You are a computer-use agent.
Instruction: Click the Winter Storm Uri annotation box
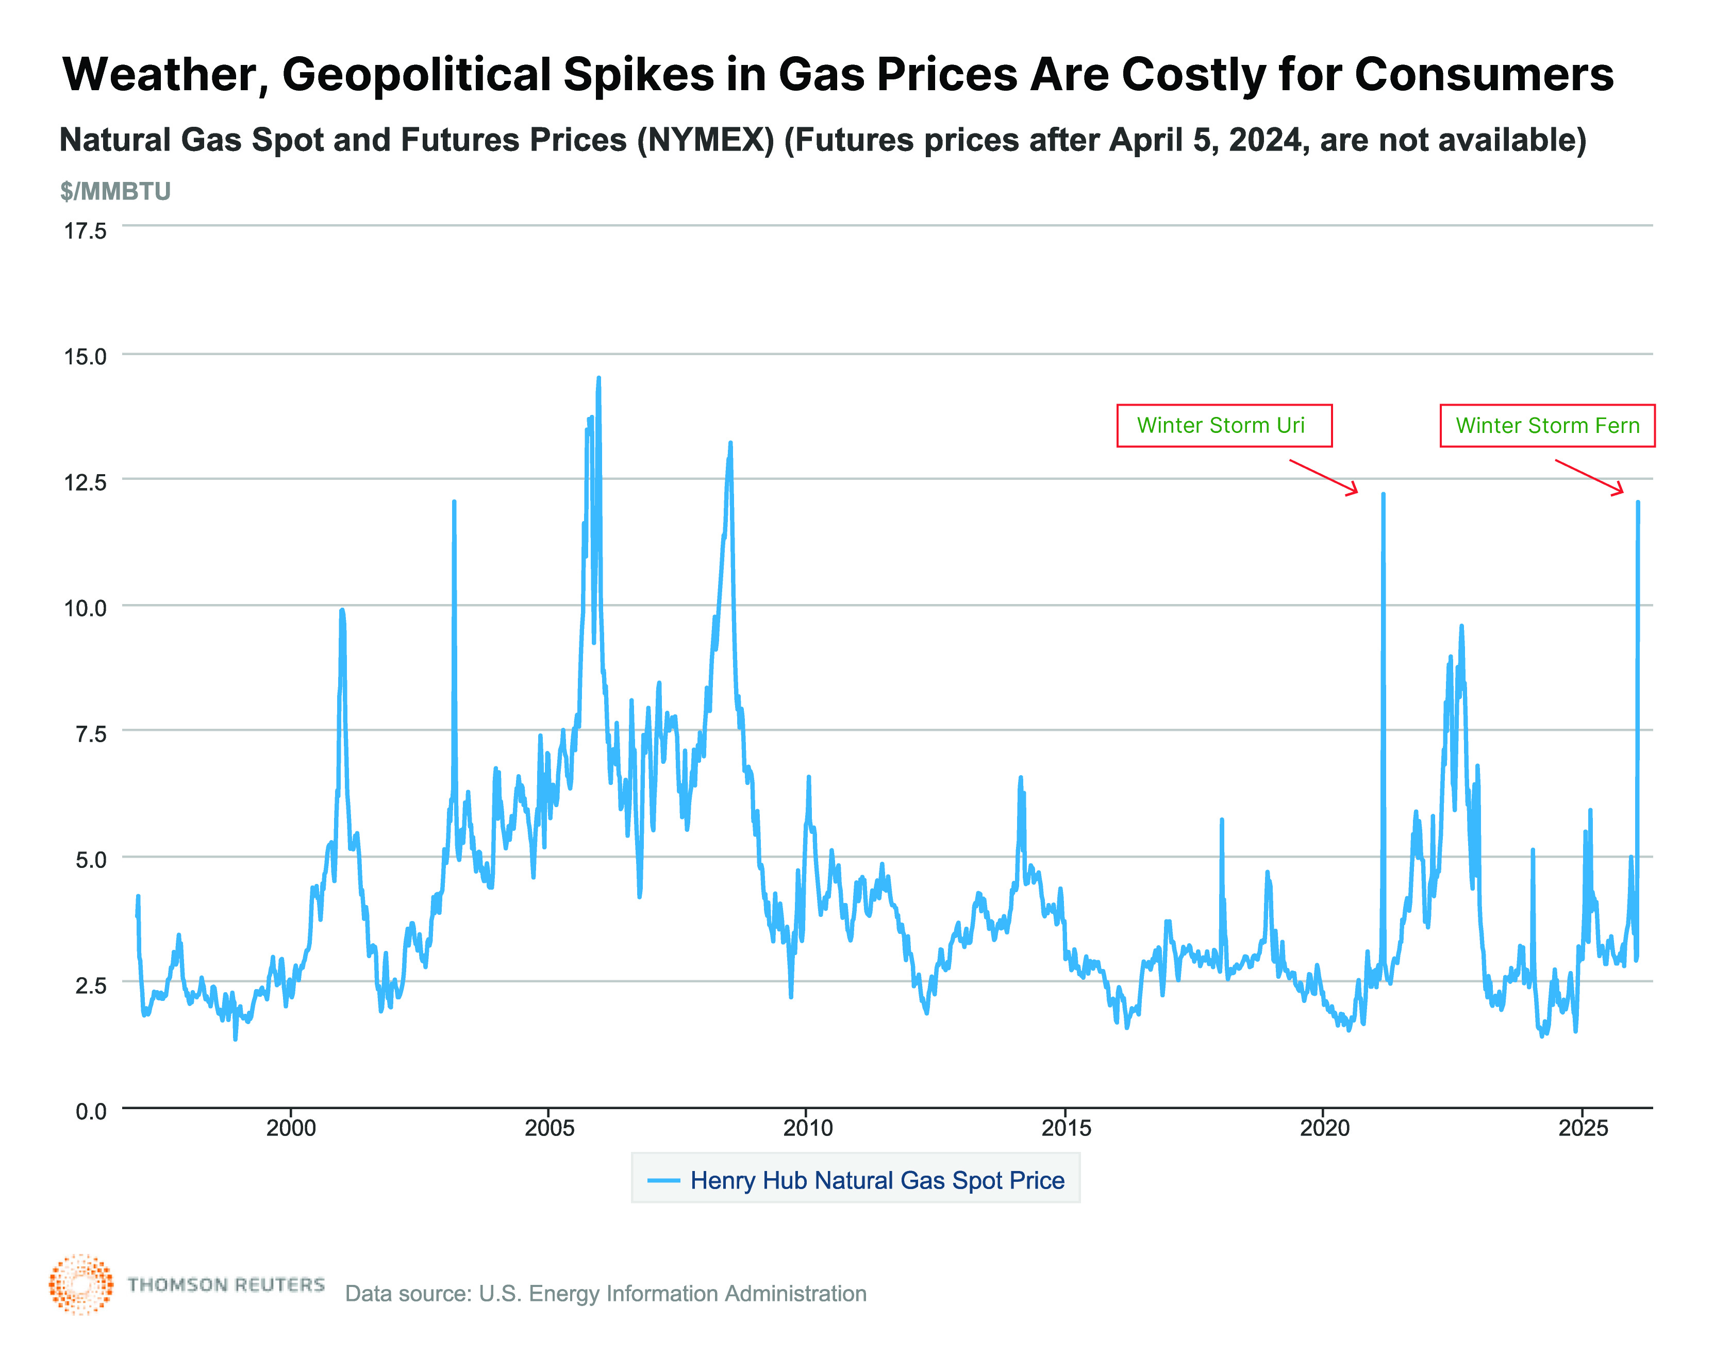[1224, 426]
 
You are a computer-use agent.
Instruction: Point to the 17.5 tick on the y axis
[85, 231]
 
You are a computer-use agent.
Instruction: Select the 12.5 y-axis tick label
[85, 482]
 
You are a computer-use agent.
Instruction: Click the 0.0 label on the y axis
[90, 1111]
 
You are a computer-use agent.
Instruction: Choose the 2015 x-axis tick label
[1066, 1128]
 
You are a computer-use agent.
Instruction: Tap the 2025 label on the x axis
[1582, 1128]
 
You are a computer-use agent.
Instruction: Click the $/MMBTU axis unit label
[115, 191]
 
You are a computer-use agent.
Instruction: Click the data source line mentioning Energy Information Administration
[606, 1294]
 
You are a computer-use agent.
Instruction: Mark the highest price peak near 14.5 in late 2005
[598, 379]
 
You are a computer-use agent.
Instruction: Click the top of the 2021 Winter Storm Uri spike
[1383, 494]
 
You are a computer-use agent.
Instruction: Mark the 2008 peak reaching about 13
[730, 444]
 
